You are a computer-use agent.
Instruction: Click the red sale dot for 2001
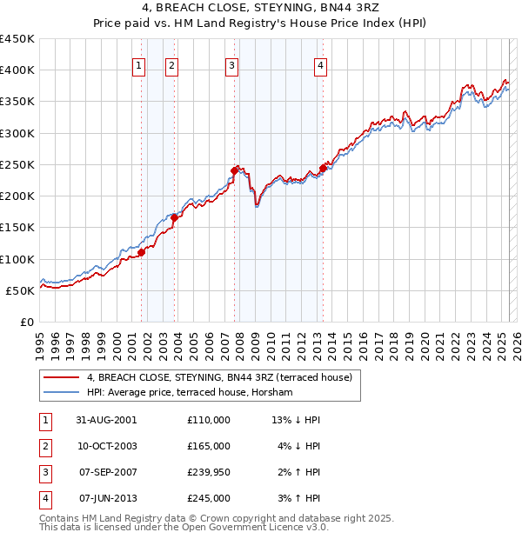click(141, 252)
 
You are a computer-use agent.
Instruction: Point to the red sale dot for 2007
click(234, 170)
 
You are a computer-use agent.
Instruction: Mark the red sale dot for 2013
click(323, 168)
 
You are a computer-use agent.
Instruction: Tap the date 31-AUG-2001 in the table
click(108, 420)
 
